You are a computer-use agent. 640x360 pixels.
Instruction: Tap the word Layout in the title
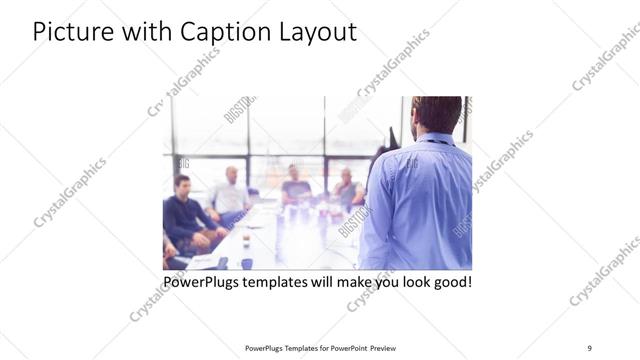[316, 32]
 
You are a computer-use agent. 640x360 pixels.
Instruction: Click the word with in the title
[146, 32]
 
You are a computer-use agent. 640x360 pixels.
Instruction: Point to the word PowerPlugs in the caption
[205, 282]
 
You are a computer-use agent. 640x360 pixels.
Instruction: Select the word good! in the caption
[451, 282]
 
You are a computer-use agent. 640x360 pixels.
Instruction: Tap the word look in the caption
[407, 282]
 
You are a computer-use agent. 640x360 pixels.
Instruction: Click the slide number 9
[590, 347]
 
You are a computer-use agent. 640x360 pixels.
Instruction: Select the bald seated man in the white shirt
[231, 194]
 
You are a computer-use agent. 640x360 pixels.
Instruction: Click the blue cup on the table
[246, 263]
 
